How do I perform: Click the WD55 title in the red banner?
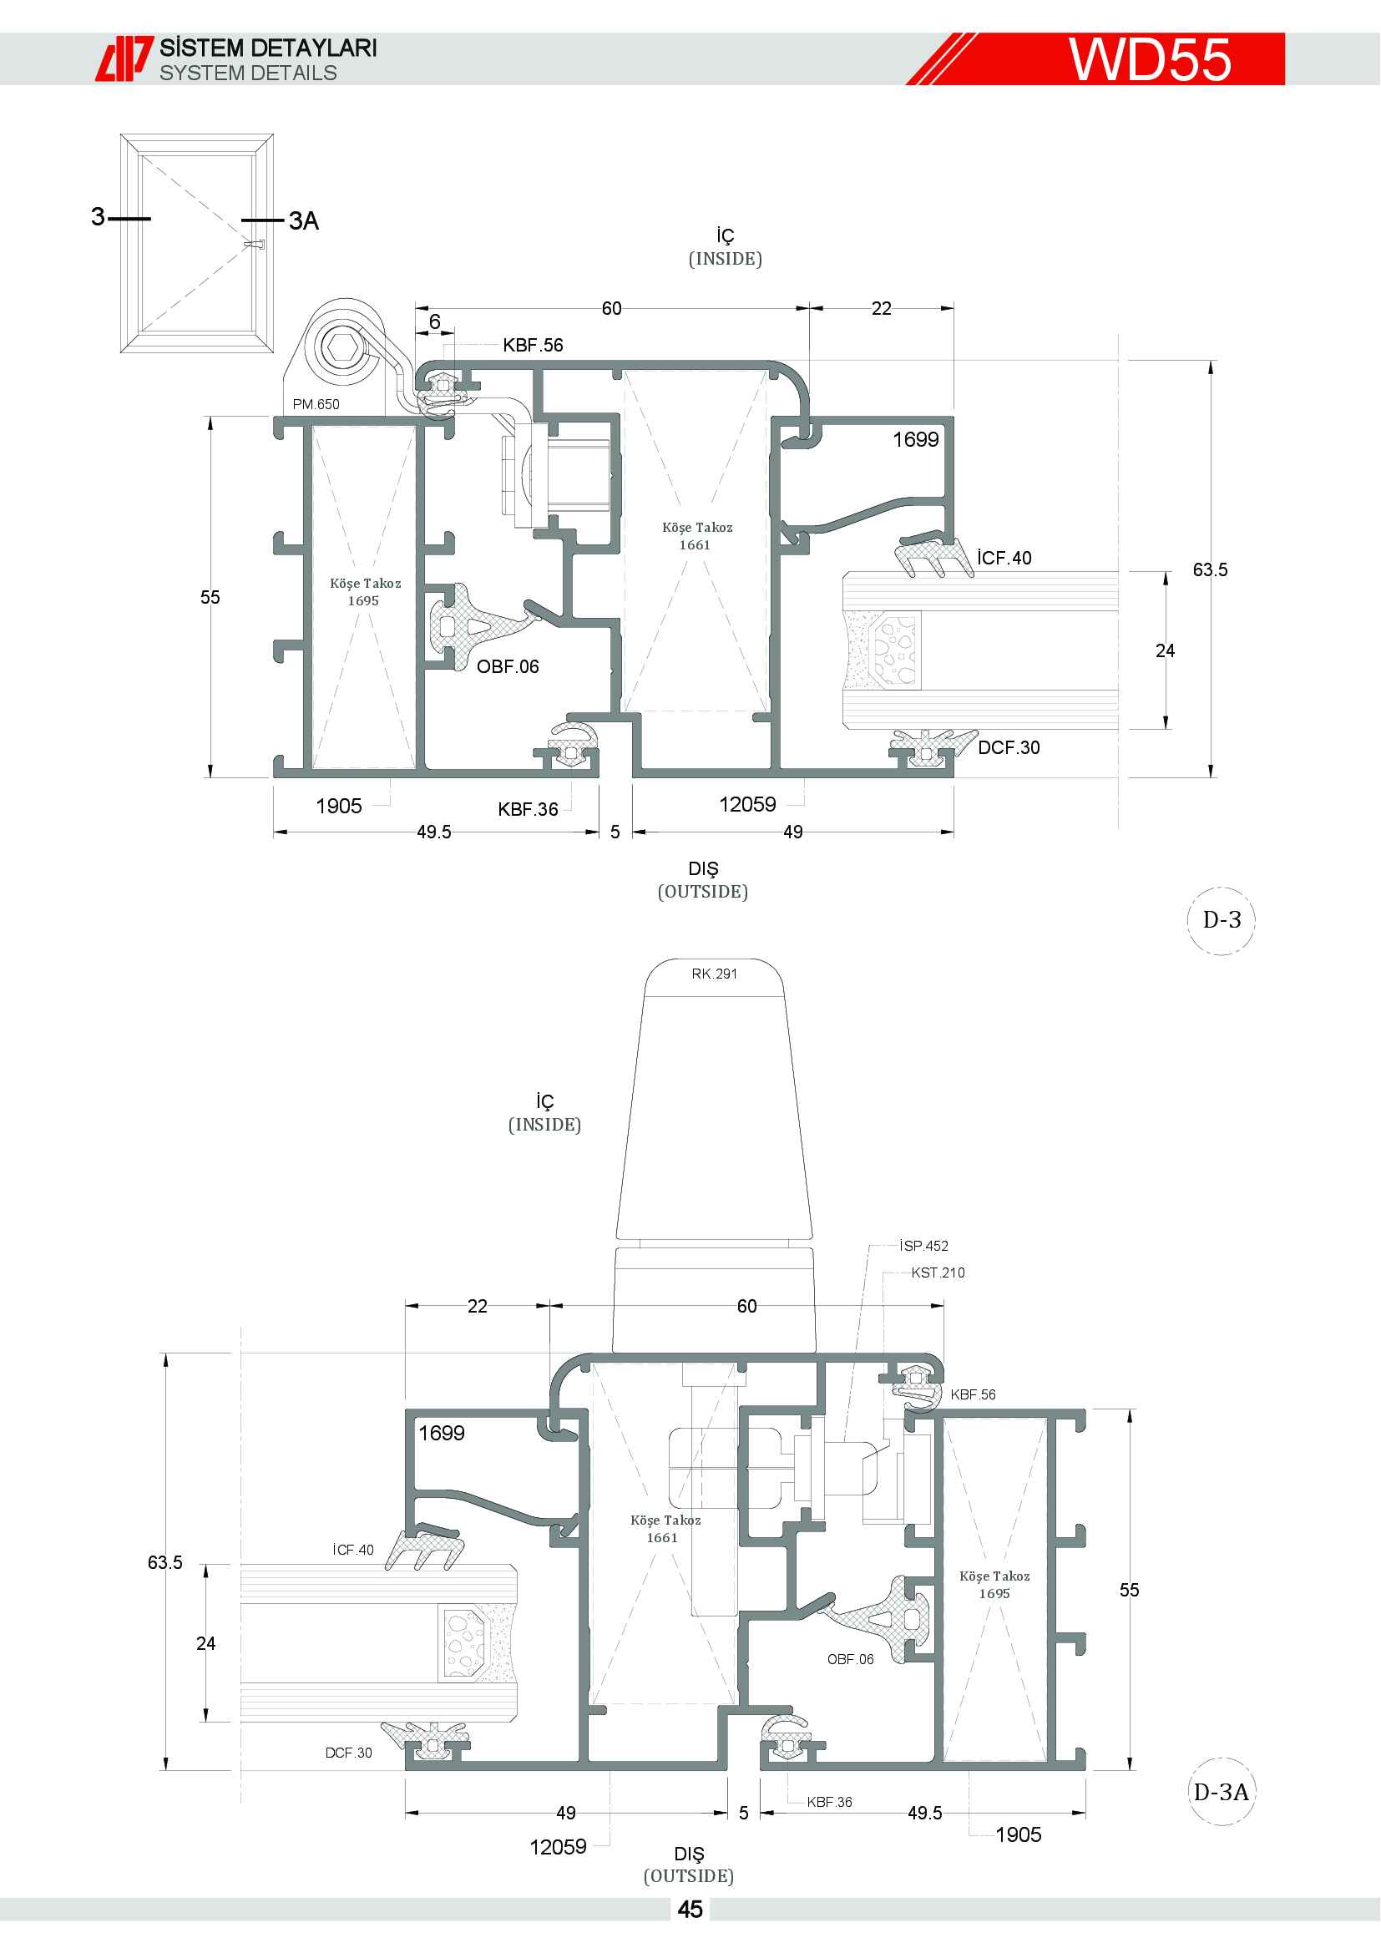(x=1150, y=58)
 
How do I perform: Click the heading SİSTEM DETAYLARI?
(x=268, y=48)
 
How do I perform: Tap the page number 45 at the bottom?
(x=690, y=1910)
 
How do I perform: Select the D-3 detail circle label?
(x=1222, y=919)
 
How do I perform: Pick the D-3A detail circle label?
(x=1222, y=1792)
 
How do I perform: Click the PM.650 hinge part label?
(x=316, y=404)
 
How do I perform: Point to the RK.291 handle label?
(x=715, y=974)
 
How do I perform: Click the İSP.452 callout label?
(x=924, y=1246)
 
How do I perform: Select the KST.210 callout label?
(x=938, y=1272)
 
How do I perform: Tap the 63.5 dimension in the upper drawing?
(x=1210, y=570)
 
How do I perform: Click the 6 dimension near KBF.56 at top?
(x=434, y=321)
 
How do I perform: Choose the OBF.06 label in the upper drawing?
(x=508, y=667)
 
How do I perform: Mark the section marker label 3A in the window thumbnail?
(x=304, y=221)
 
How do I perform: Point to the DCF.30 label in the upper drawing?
(x=1009, y=747)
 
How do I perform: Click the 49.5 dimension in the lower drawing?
(x=924, y=1813)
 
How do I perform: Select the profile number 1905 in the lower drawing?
(x=1019, y=1834)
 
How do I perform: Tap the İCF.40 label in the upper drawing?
(x=1004, y=558)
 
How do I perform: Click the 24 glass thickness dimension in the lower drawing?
(x=205, y=1643)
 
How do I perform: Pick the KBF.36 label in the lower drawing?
(x=829, y=1802)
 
